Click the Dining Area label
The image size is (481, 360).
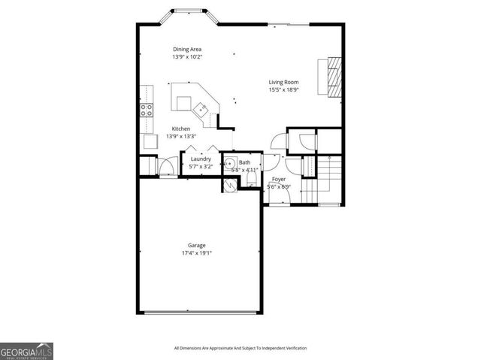pyautogui.click(x=187, y=50)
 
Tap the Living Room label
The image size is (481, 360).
pyautogui.click(x=283, y=82)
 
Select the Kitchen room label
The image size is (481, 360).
pyautogui.click(x=181, y=129)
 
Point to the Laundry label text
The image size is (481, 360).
pyautogui.click(x=200, y=159)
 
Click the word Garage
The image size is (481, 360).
pyautogui.click(x=197, y=246)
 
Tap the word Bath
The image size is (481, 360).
pyautogui.click(x=245, y=162)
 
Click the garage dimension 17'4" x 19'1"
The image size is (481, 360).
pyautogui.click(x=197, y=253)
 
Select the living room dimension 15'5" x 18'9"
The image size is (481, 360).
pyautogui.click(x=283, y=89)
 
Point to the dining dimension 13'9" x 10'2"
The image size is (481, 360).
pyautogui.click(x=187, y=57)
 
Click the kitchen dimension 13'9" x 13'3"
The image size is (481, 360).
pyautogui.click(x=181, y=136)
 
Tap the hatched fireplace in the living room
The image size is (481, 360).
pyautogui.click(x=333, y=77)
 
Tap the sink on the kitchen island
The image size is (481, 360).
pyautogui.click(x=200, y=110)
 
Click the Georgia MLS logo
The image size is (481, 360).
pyautogui.click(x=26, y=351)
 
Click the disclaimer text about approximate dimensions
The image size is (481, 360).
pyautogui.click(x=240, y=348)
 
